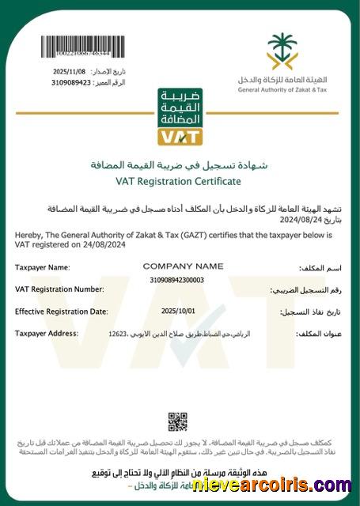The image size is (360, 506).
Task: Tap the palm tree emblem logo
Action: point(283,51)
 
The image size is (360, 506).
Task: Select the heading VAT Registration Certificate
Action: point(178,181)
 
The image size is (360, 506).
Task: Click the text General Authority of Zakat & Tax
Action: point(282,89)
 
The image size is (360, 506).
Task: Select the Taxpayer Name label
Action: point(43,268)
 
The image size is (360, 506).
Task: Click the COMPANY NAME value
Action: point(183,266)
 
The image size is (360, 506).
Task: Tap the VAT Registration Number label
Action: point(60,289)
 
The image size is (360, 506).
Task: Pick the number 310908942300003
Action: point(176,280)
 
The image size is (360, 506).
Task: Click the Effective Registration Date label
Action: point(61,312)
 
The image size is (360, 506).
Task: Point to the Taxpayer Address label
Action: point(47,334)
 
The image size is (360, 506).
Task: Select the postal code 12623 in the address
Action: point(118,334)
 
